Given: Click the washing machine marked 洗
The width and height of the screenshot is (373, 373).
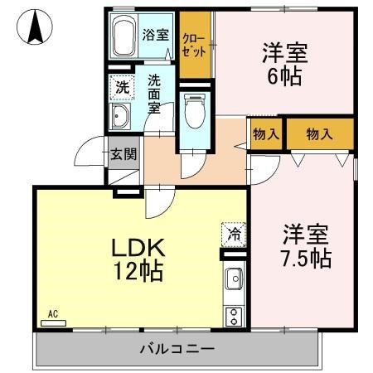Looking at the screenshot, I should (x=122, y=86).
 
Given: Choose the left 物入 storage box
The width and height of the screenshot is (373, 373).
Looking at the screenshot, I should (x=265, y=133).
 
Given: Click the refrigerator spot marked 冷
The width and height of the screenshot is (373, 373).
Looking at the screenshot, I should (x=234, y=234).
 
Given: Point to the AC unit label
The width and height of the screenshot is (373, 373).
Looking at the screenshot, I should (x=53, y=317).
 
